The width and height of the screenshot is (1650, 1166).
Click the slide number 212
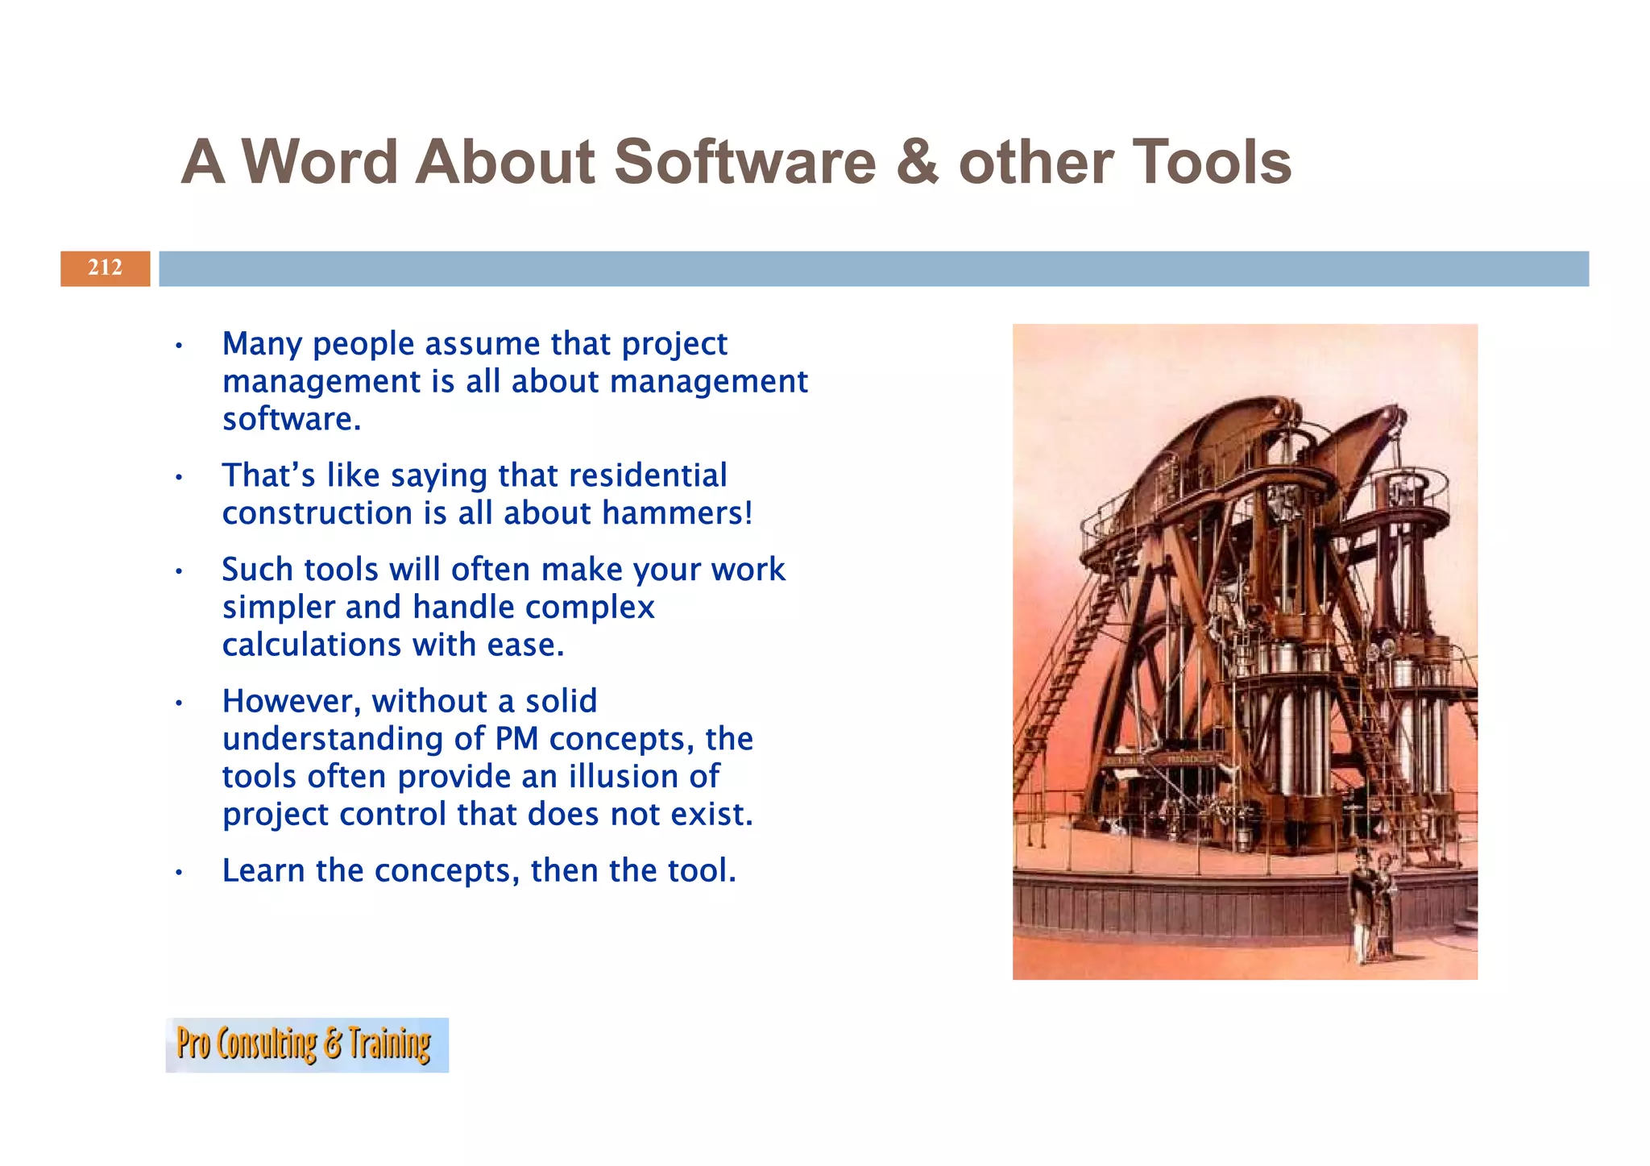pos(105,268)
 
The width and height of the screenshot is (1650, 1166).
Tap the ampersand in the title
pos(917,162)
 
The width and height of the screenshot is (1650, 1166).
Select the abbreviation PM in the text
pos(516,739)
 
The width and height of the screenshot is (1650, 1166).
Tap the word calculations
pos(312,645)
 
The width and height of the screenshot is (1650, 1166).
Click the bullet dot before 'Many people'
pos(179,347)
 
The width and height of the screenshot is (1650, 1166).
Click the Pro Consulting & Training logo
pos(306,1045)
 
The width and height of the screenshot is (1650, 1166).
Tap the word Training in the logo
pos(390,1045)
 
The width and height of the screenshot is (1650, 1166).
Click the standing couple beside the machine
pos(1371,907)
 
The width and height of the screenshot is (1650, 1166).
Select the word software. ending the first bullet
pos(292,420)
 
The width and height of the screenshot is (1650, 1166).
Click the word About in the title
pos(504,162)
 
